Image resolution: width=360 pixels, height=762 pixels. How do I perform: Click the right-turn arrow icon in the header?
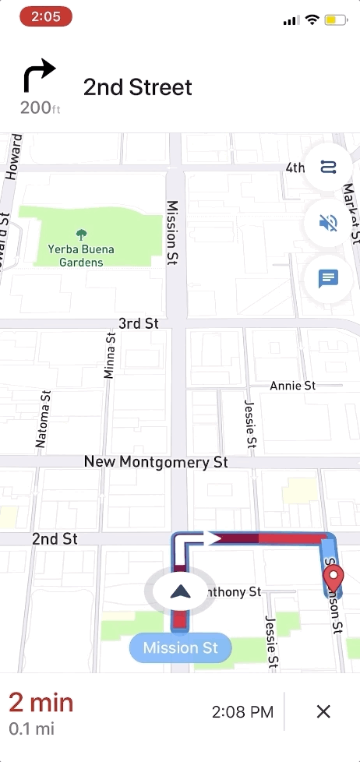39,77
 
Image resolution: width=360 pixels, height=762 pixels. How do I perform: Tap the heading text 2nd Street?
137,87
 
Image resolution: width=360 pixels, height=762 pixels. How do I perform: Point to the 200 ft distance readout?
40,108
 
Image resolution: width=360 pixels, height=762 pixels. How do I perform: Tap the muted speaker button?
328,223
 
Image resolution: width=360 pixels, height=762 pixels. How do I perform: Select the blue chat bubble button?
328,278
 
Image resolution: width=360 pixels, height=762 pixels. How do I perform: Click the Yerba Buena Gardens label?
81,256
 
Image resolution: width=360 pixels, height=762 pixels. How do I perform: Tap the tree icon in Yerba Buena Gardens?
81,234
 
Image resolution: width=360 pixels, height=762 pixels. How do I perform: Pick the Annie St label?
292,386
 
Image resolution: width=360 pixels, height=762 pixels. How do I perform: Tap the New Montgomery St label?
156,462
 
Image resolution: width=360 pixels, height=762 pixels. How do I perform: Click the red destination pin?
334,580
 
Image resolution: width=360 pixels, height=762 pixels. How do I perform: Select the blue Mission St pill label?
180,647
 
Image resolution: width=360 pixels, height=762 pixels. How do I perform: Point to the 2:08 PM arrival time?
242,711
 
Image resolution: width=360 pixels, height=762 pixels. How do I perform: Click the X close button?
324,711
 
